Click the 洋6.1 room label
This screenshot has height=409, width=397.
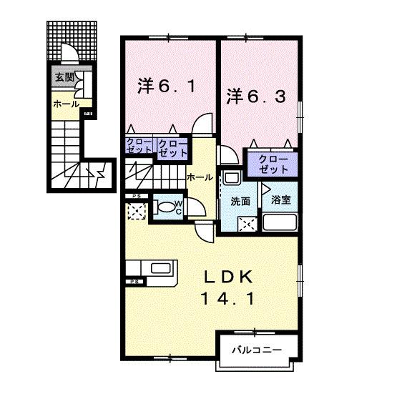tap(164, 88)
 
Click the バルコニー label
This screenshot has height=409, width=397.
tap(255, 350)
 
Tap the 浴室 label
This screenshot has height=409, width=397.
tap(280, 200)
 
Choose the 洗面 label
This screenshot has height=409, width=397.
tap(240, 202)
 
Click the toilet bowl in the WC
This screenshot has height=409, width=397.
tap(166, 208)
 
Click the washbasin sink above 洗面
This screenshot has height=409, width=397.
tap(231, 177)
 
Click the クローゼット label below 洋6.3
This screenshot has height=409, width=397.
tap(273, 164)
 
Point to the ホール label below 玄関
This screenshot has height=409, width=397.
tap(65, 104)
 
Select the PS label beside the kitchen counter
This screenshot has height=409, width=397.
tap(134, 282)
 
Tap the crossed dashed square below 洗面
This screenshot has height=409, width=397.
tap(247, 224)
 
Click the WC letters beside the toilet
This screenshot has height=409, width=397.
tap(180, 207)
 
